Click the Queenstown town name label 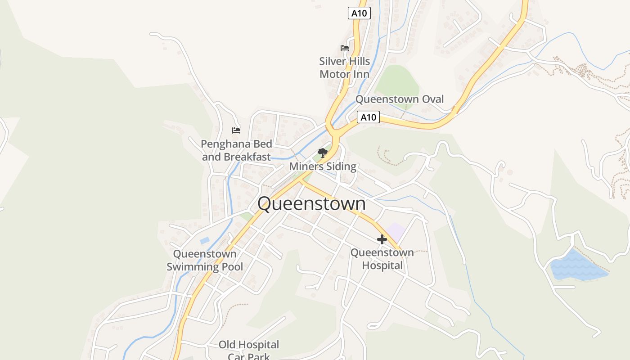click(311, 204)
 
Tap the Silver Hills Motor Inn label click(345, 67)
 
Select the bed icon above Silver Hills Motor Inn click(345, 48)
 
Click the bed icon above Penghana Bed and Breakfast click(236, 130)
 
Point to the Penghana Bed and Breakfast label click(236, 150)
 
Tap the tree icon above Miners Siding click(322, 153)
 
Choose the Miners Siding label click(322, 166)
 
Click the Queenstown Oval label click(400, 99)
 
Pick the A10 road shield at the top click(359, 13)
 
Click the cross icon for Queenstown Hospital click(382, 239)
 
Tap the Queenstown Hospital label click(382, 259)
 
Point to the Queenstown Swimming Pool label click(205, 260)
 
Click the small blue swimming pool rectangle click(205, 241)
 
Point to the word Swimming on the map click(205, 267)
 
